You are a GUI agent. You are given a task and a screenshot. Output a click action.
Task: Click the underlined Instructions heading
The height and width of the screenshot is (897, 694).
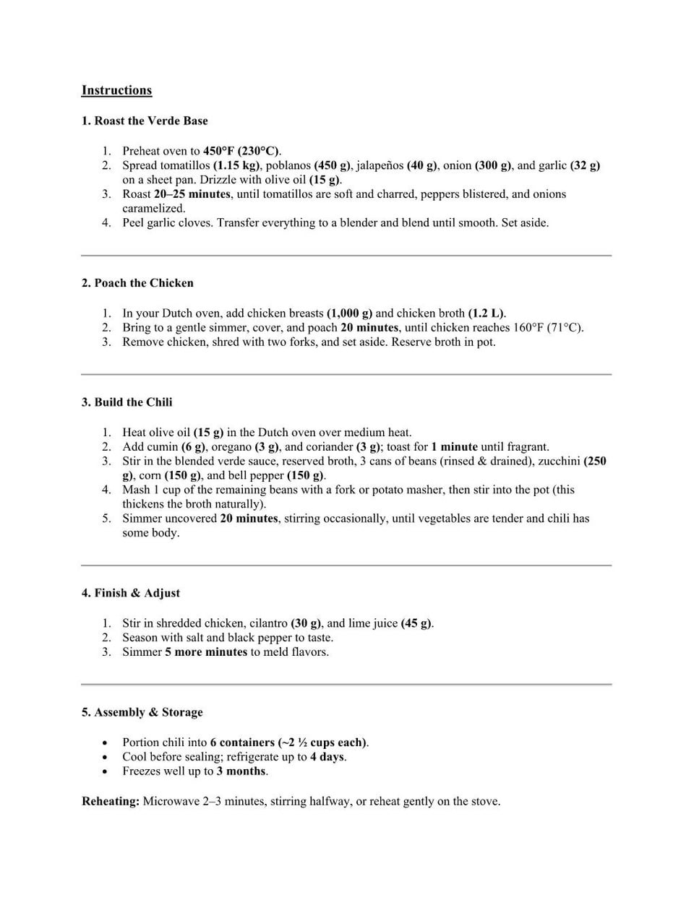tap(116, 90)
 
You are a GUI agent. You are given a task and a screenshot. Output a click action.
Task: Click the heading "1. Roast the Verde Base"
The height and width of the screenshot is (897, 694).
tap(144, 121)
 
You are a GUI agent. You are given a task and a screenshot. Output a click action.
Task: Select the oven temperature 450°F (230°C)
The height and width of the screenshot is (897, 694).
tap(241, 151)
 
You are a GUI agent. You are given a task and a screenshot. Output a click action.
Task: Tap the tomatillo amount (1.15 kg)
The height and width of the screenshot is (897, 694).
tap(236, 165)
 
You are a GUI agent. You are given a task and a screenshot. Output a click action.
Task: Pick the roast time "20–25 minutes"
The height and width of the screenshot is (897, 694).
tap(192, 194)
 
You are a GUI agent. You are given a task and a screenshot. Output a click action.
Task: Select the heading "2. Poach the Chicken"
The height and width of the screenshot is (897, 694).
tap(137, 283)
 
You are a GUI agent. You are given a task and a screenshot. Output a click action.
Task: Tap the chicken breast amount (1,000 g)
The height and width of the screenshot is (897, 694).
tap(349, 313)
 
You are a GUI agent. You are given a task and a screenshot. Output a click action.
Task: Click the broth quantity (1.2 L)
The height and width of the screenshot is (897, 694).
tap(487, 313)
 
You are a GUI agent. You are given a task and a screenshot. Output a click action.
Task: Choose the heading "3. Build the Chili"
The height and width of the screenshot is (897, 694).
tap(127, 402)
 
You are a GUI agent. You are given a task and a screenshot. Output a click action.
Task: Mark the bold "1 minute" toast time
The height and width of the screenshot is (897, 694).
tap(454, 447)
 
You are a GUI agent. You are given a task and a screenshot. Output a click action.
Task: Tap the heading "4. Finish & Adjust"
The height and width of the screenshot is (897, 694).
tap(130, 593)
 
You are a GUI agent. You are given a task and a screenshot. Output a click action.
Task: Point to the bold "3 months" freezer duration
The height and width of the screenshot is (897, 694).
tap(241, 771)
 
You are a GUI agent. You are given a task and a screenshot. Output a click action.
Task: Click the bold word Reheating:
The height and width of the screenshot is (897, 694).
tap(111, 802)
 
